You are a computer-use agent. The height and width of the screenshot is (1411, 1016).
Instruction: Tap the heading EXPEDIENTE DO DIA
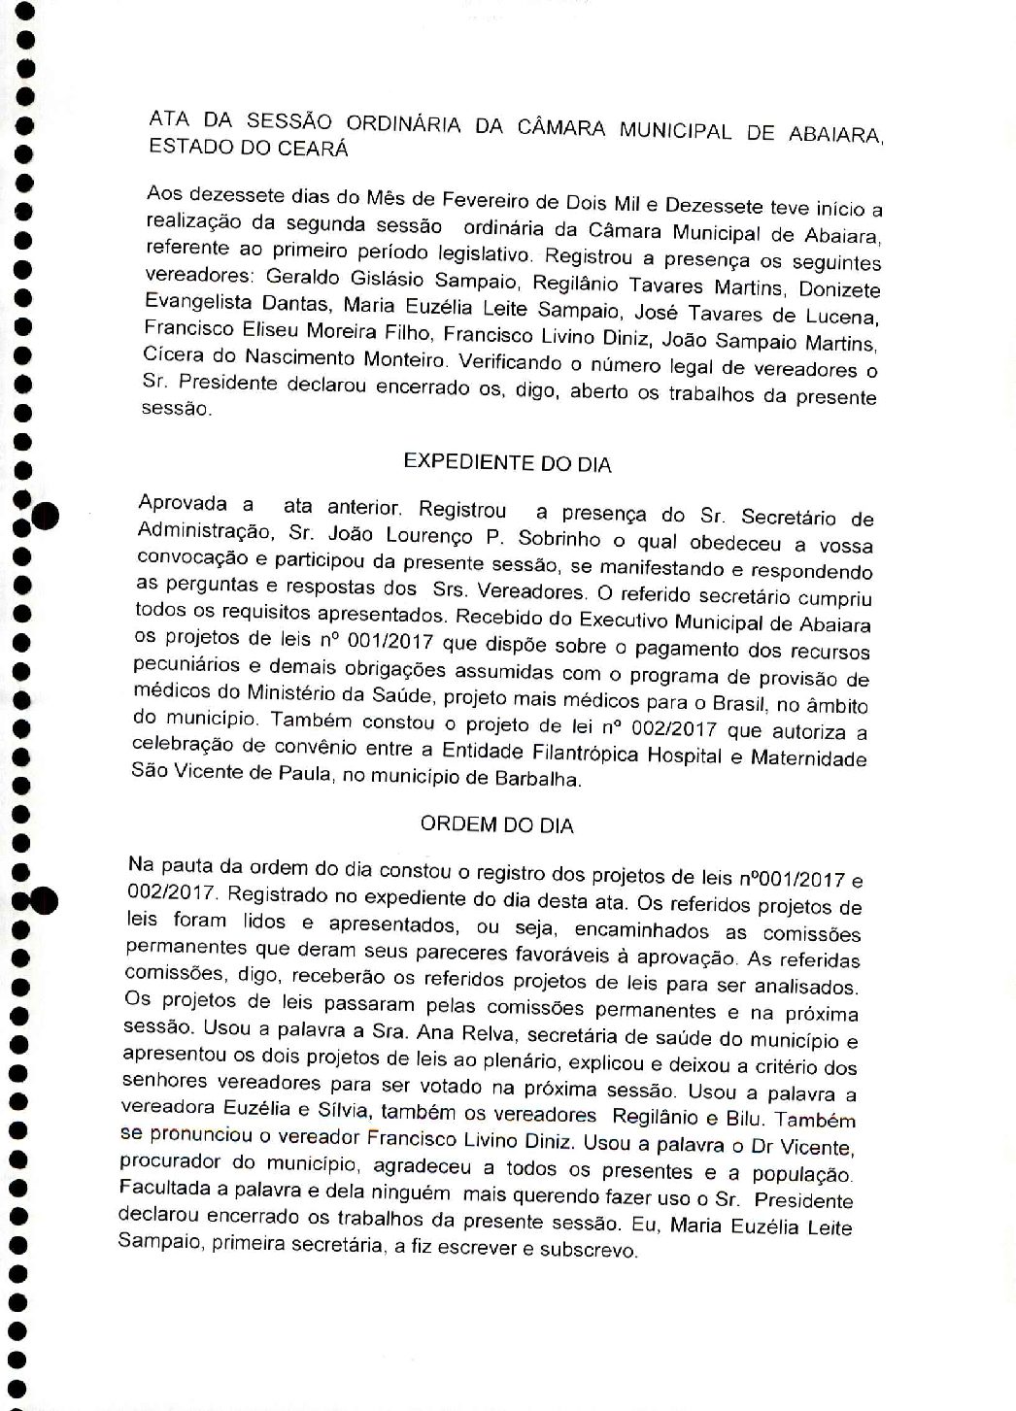(x=507, y=463)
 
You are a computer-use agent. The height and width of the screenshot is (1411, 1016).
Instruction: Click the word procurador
(x=169, y=1161)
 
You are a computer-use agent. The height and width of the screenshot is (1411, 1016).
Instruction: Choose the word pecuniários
(x=182, y=668)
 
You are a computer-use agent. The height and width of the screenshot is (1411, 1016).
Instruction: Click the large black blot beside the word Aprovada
(x=44, y=516)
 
